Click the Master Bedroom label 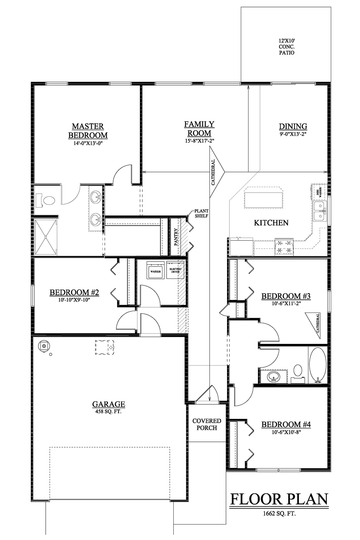88,131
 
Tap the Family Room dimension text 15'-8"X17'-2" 199,141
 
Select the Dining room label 293,126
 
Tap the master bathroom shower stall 46,237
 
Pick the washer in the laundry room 155,270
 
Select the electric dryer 175,270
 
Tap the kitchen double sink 320,211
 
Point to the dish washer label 319,192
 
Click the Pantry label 176,237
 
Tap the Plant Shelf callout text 201,214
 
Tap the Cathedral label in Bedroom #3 318,323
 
